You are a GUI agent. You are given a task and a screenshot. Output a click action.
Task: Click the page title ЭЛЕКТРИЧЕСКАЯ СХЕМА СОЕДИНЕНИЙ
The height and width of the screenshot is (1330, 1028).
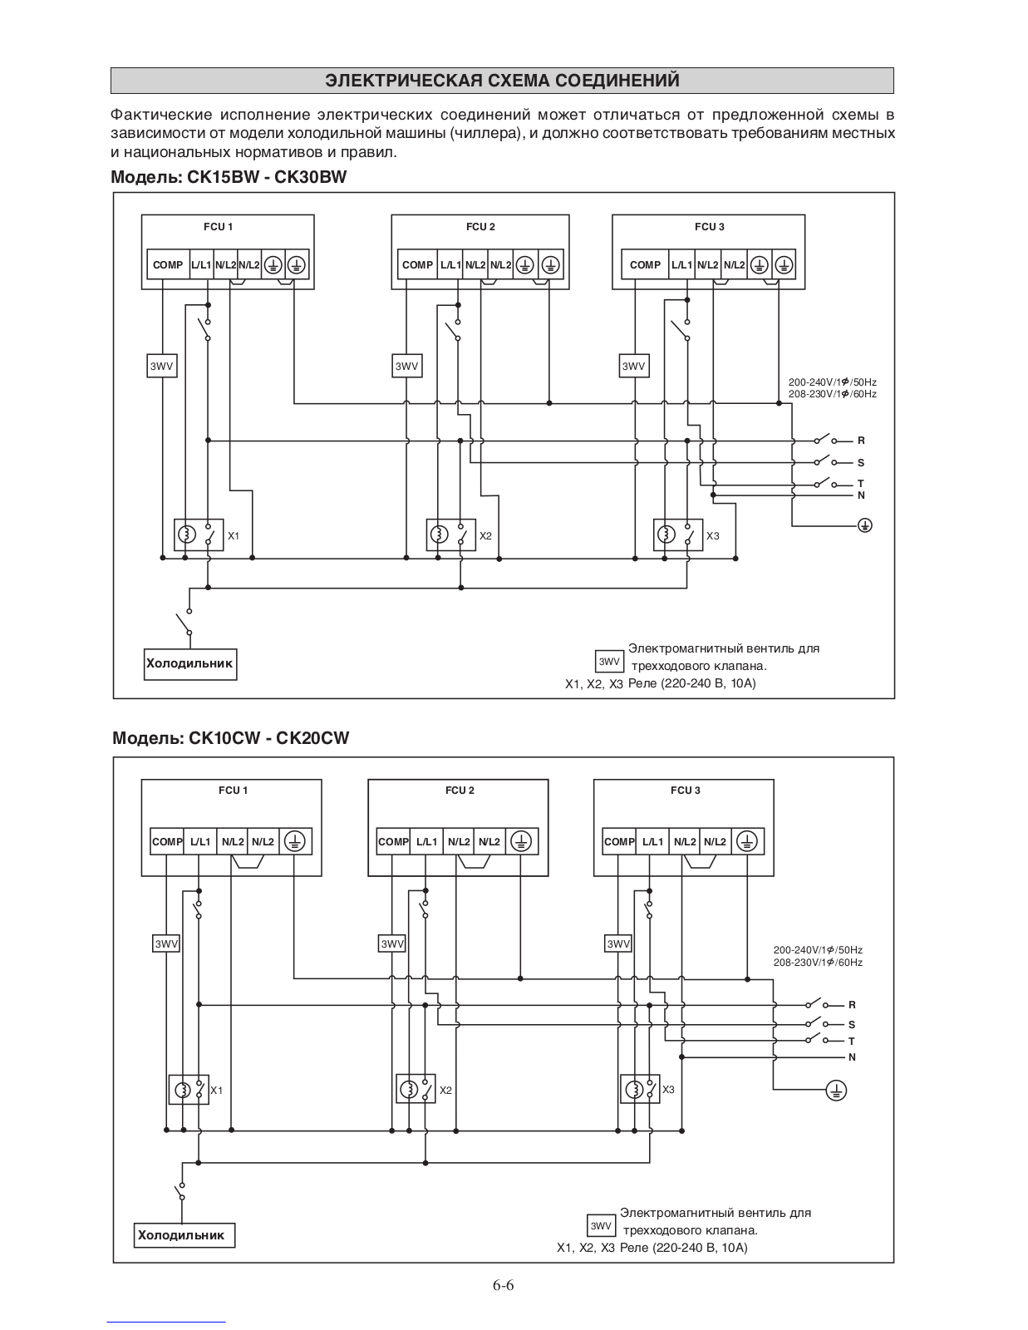click(x=502, y=81)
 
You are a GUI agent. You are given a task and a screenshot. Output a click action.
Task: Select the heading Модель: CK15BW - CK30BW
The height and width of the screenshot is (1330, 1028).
click(x=229, y=178)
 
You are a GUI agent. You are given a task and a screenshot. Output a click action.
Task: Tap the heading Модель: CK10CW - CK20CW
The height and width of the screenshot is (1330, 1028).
click(x=231, y=738)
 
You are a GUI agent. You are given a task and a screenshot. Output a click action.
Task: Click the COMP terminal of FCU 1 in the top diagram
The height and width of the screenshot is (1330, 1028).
click(x=168, y=265)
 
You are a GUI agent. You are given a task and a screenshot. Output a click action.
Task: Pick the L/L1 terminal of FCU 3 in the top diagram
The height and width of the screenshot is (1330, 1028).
click(x=681, y=265)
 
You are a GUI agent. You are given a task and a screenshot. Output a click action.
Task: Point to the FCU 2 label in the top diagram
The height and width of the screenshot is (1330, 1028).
click(x=480, y=227)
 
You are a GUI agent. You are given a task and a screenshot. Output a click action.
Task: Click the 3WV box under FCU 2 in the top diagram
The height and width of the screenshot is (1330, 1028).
click(x=407, y=366)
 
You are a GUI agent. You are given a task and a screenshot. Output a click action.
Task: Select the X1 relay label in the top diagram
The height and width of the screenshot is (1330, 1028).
click(x=234, y=536)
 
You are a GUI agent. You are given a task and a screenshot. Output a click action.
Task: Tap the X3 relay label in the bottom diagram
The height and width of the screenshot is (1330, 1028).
click(x=668, y=1090)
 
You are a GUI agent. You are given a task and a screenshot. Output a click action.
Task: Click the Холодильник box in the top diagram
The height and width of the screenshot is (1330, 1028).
click(x=190, y=664)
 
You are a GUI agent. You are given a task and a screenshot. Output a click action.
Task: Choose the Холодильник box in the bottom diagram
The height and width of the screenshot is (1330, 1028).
click(x=184, y=1235)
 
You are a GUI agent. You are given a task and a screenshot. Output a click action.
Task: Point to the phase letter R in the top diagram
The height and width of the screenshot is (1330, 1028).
click(x=861, y=441)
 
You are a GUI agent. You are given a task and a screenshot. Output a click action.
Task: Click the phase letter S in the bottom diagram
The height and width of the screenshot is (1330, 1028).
click(x=852, y=1025)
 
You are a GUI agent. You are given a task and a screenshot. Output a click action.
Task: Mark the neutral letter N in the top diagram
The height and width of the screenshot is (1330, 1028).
click(x=861, y=495)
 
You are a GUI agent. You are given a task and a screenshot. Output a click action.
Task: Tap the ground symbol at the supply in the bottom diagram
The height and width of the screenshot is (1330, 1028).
click(x=837, y=1090)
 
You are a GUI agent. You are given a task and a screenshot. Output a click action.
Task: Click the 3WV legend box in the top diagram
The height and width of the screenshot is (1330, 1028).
click(x=609, y=662)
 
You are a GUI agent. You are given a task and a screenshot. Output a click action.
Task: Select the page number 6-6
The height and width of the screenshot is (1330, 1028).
click(x=503, y=1285)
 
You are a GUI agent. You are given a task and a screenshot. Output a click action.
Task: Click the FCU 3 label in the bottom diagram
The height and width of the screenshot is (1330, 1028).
click(x=686, y=791)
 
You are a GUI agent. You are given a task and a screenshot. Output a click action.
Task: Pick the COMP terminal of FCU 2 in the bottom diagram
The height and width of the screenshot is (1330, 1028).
click(x=393, y=841)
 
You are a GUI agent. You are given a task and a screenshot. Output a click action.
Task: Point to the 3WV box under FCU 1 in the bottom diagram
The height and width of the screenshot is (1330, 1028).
click(x=166, y=943)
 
